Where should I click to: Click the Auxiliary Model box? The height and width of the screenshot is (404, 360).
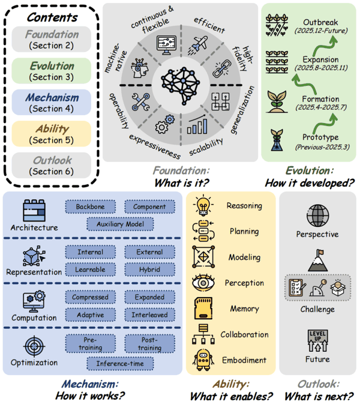(x=120, y=224)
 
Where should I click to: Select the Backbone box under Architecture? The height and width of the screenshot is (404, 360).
(x=91, y=207)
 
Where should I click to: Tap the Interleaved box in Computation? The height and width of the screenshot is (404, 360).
(x=149, y=315)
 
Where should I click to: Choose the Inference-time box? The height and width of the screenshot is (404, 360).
(x=120, y=364)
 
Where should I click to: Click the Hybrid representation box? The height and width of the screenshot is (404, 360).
(x=149, y=270)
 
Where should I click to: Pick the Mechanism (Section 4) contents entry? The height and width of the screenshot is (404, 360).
(x=52, y=102)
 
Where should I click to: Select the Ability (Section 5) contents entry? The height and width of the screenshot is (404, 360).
(x=52, y=134)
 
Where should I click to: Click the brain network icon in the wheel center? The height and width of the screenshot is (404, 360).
(x=181, y=85)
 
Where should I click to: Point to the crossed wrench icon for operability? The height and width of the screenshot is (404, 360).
(x=140, y=102)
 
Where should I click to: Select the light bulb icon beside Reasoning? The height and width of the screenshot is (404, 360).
(x=203, y=205)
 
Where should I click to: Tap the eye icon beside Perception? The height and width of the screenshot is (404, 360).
(x=203, y=283)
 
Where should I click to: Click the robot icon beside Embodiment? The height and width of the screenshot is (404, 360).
(x=203, y=360)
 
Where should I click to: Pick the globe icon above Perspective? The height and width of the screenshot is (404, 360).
(x=318, y=216)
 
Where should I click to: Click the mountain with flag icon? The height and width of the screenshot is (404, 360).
(x=318, y=261)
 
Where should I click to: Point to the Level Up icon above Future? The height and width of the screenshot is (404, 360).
(x=318, y=340)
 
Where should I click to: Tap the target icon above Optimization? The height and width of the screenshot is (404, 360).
(x=34, y=346)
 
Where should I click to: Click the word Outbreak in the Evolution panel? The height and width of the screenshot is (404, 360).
(x=320, y=22)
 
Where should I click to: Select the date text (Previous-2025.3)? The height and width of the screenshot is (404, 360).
(x=322, y=147)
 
